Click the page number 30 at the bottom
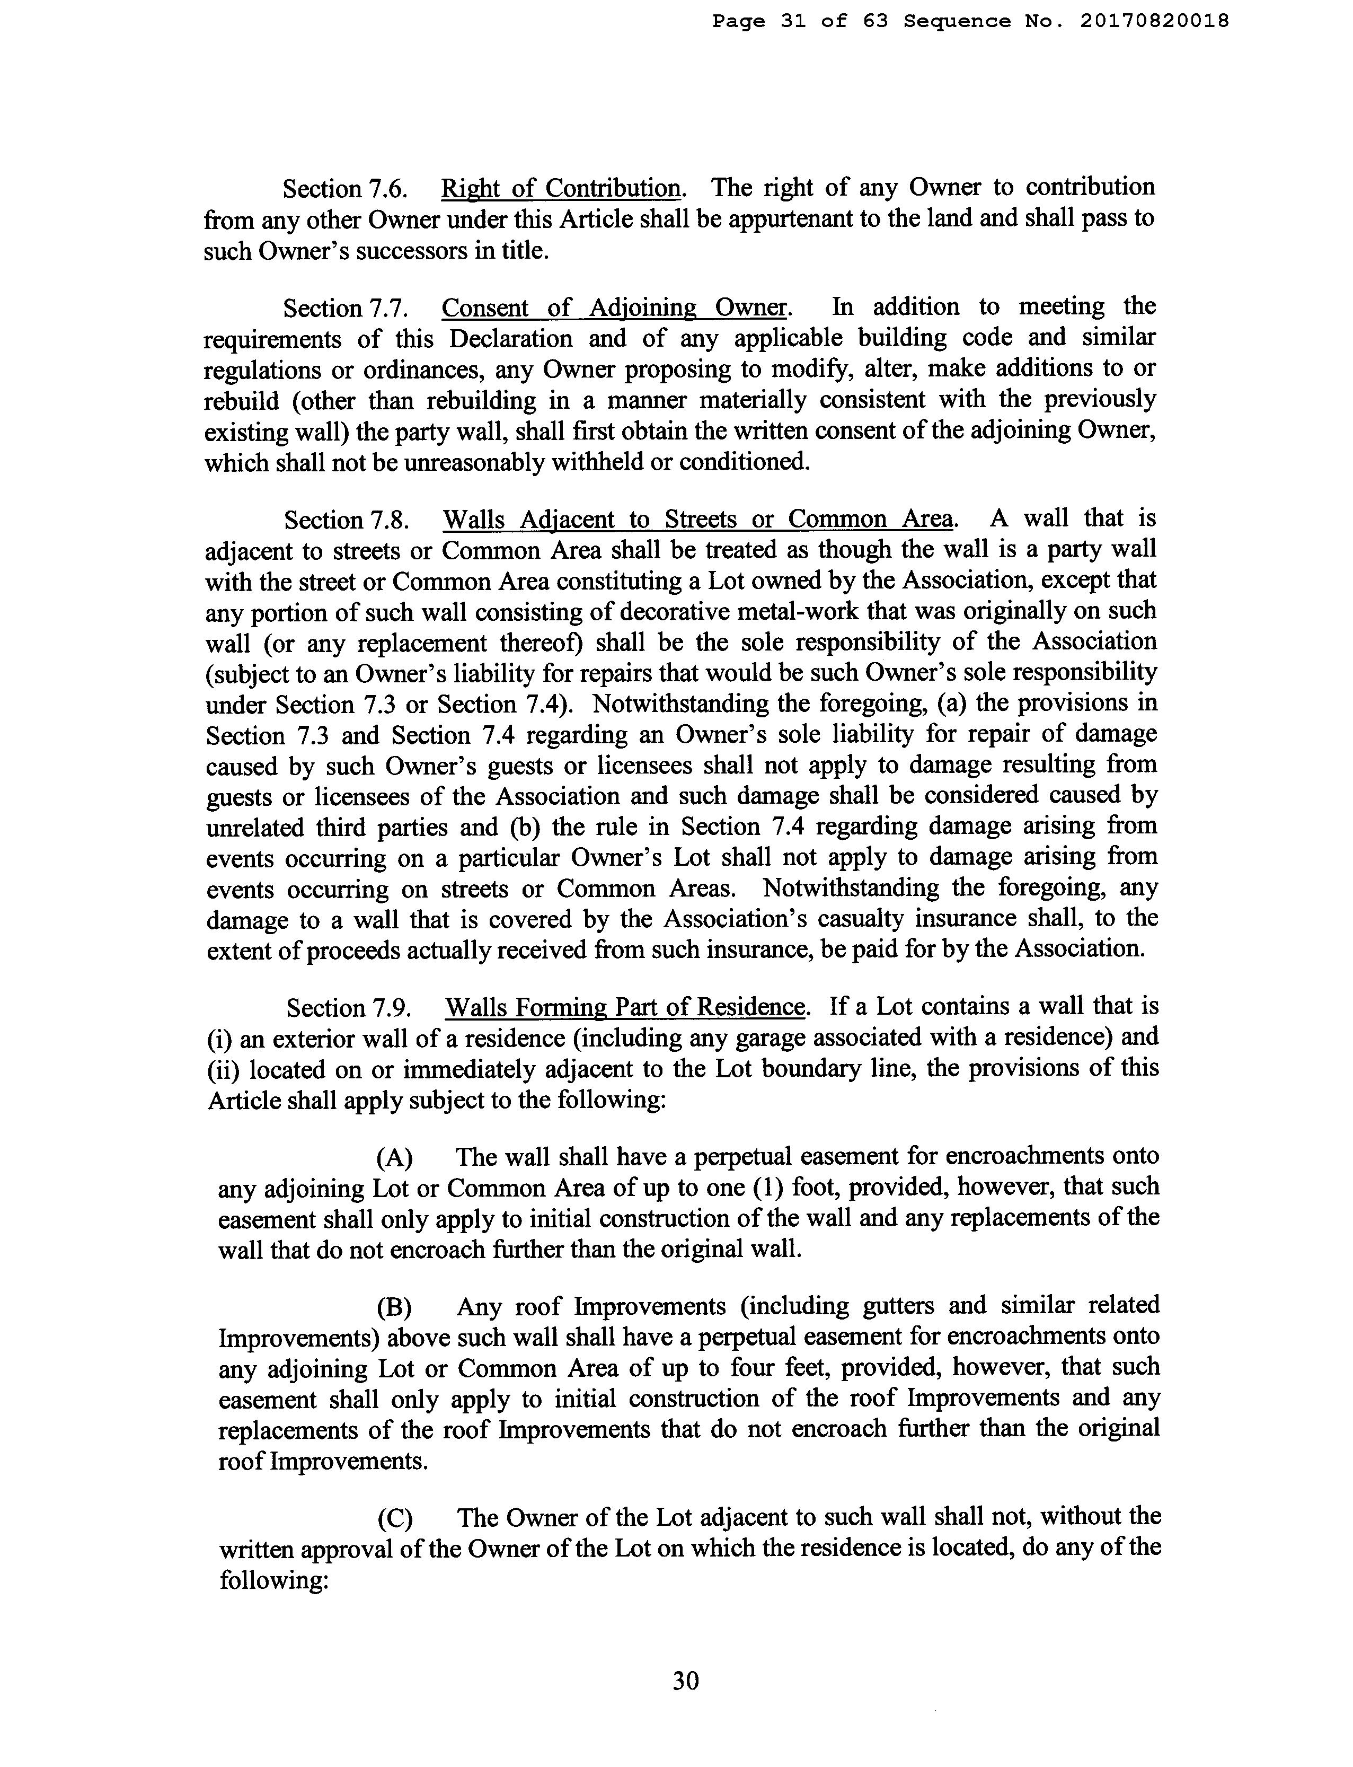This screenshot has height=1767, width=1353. coord(685,1681)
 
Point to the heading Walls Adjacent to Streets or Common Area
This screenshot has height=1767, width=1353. coord(697,520)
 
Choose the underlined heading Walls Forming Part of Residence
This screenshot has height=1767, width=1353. coord(625,1007)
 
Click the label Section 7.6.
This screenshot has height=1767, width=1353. coord(344,189)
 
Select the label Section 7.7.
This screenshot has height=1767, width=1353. coord(344,309)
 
